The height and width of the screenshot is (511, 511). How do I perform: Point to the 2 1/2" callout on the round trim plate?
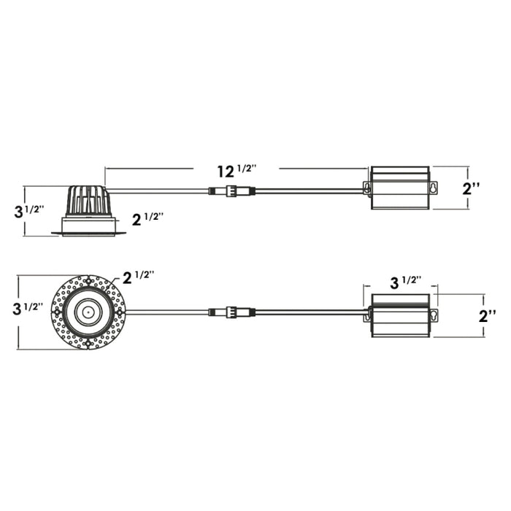coord(139,277)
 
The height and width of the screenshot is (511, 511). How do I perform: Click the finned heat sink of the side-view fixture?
coord(88,201)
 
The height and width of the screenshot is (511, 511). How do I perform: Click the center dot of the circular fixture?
coord(88,312)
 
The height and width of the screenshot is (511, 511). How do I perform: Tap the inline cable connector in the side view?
coord(231,192)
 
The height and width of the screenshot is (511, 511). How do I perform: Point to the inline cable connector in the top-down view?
coord(231,312)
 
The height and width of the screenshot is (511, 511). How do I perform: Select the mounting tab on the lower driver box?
coord(433,315)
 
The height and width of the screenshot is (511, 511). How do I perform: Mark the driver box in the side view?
coord(399,188)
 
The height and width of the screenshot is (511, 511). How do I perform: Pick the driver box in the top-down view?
coord(399,315)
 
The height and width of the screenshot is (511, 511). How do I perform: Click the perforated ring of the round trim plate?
coord(61,312)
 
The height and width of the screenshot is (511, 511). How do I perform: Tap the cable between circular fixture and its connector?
coord(168,312)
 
